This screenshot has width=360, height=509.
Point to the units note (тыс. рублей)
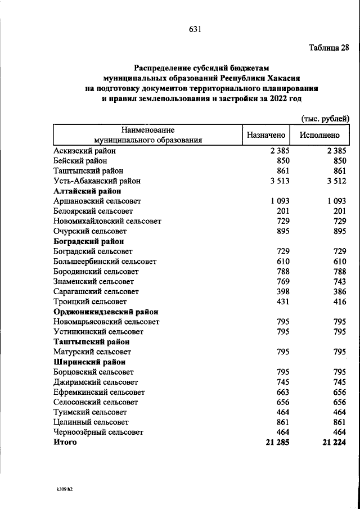tap(325, 118)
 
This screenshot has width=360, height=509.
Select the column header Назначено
tap(266, 135)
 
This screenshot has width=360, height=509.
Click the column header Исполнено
tap(319, 135)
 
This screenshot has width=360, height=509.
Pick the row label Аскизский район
tap(85, 151)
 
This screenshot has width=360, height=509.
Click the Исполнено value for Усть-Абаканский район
tap(336, 181)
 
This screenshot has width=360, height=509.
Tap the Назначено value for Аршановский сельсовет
tap(280, 201)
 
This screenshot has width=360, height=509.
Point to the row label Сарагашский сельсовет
tap(96, 292)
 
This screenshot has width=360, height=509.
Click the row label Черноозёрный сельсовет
tap(98, 433)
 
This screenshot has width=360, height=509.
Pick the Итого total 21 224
tap(334, 443)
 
